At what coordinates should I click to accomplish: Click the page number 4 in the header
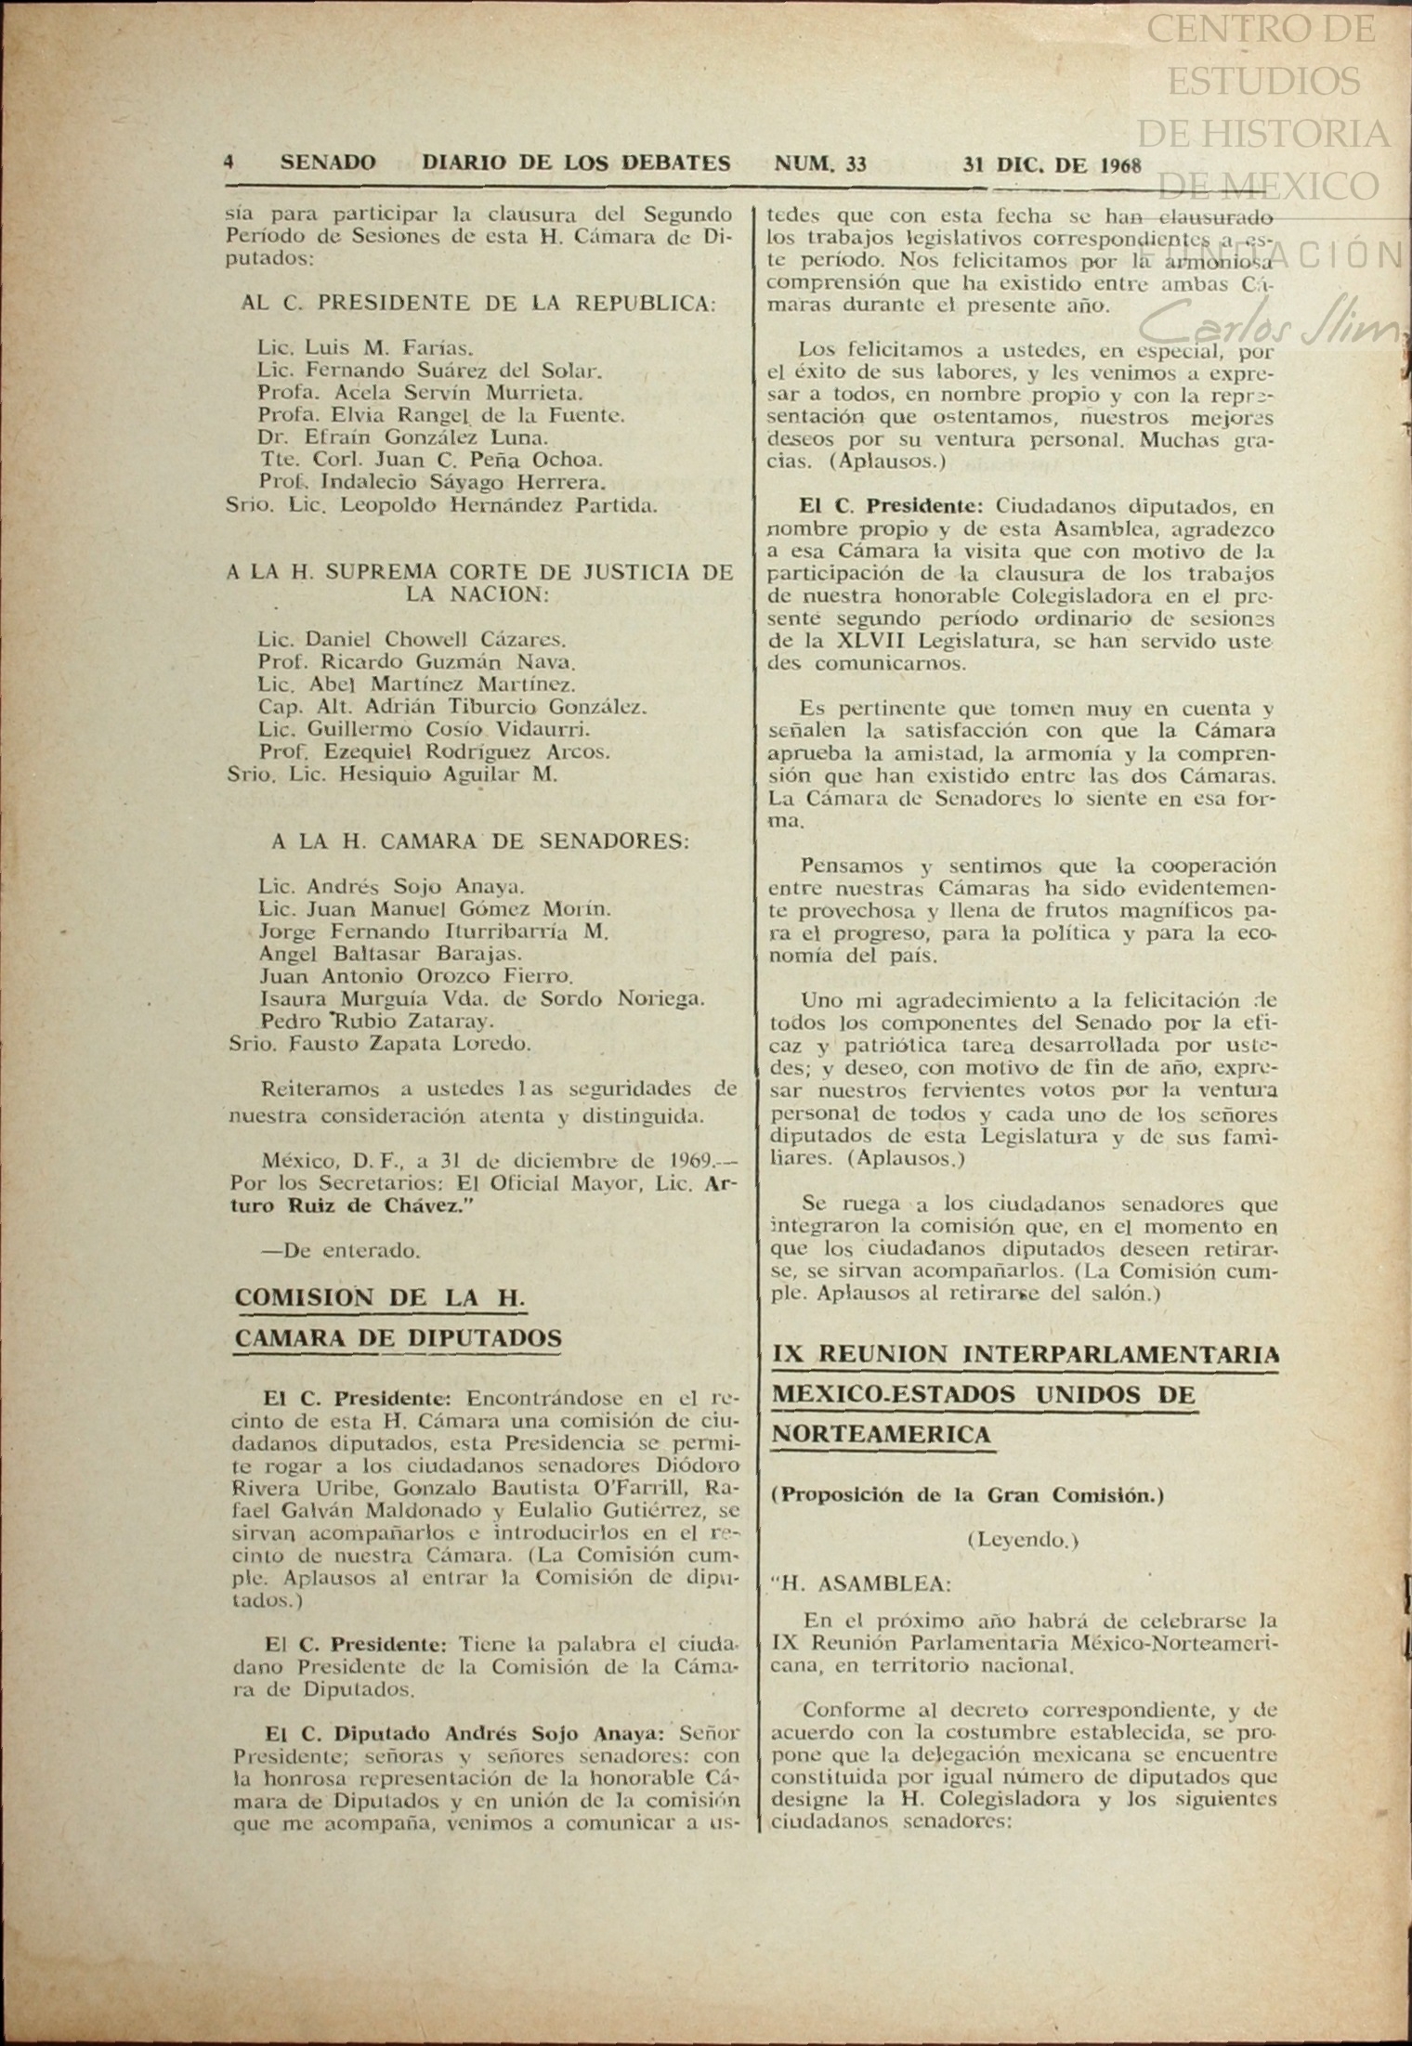pos(229,163)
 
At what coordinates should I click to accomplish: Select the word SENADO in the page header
pos(328,163)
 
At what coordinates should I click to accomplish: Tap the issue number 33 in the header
pos(856,164)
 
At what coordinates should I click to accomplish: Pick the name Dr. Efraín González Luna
pos(404,437)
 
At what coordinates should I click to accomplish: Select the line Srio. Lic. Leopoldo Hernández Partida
pos(442,505)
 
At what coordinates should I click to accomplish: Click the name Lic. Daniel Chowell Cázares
pos(412,640)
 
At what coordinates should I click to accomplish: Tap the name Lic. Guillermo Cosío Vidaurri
pos(424,730)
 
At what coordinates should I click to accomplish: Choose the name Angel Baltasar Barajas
pos(390,954)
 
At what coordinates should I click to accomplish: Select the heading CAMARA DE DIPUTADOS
pos(398,1338)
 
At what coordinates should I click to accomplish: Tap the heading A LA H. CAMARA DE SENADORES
pos(480,842)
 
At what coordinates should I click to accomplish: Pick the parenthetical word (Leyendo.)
pos(1022,1540)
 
